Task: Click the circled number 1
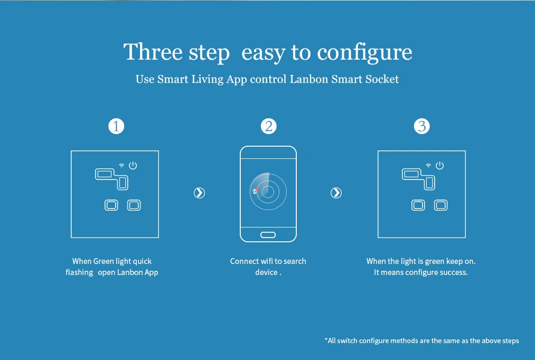coord(116,126)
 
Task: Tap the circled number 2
coord(268,126)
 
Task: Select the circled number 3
coord(422,126)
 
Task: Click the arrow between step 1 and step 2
coord(199,193)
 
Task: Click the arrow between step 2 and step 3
coord(336,193)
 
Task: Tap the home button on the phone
coord(268,235)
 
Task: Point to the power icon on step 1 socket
coord(133,165)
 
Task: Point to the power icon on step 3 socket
coord(439,165)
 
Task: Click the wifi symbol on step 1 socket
coord(121,166)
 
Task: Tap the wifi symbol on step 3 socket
coord(428,166)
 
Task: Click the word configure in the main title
coord(364,53)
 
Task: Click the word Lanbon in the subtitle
coord(309,79)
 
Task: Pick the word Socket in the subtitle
coord(382,79)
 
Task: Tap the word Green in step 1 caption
coord(104,261)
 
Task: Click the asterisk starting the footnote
coord(326,339)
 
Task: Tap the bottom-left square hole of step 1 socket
coord(111,205)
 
